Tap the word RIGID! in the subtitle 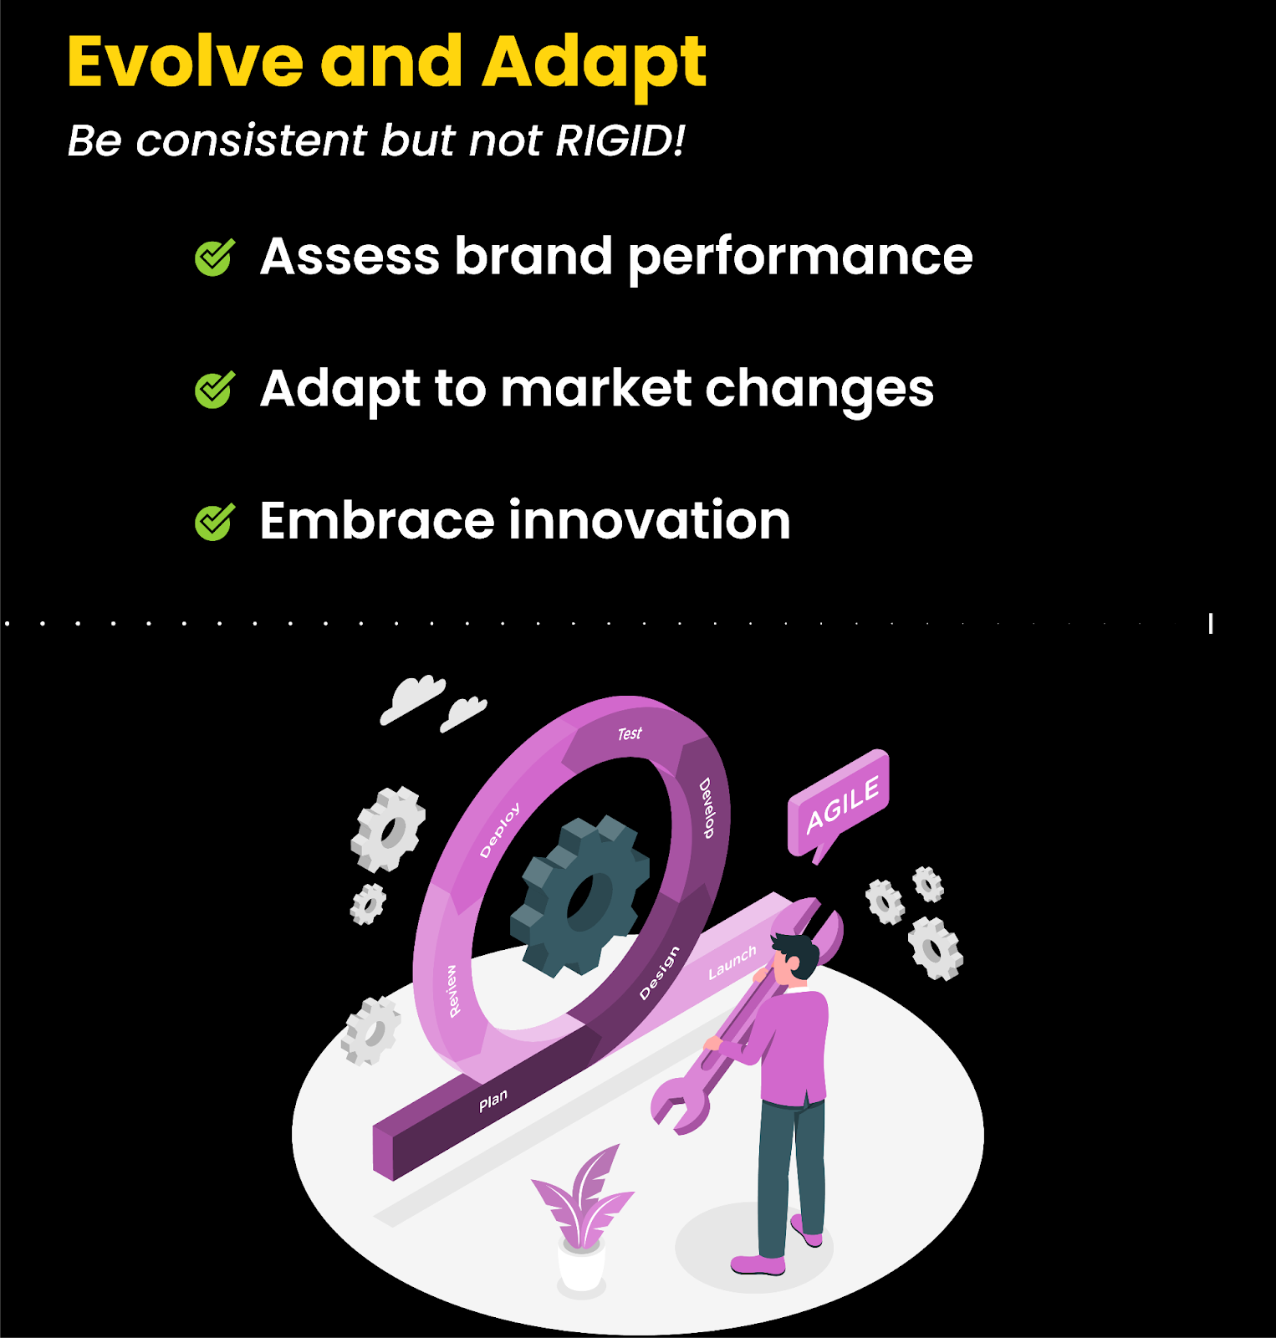click(620, 140)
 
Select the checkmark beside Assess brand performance click(215, 258)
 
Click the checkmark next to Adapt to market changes click(215, 390)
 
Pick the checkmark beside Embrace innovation click(215, 523)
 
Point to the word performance click(800, 258)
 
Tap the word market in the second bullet click(596, 389)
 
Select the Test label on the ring click(630, 733)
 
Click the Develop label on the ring click(707, 808)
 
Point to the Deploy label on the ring click(500, 830)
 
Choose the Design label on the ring click(659, 973)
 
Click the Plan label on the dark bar click(493, 1101)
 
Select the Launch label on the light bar click(732, 963)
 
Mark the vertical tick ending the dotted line click(1210, 623)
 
